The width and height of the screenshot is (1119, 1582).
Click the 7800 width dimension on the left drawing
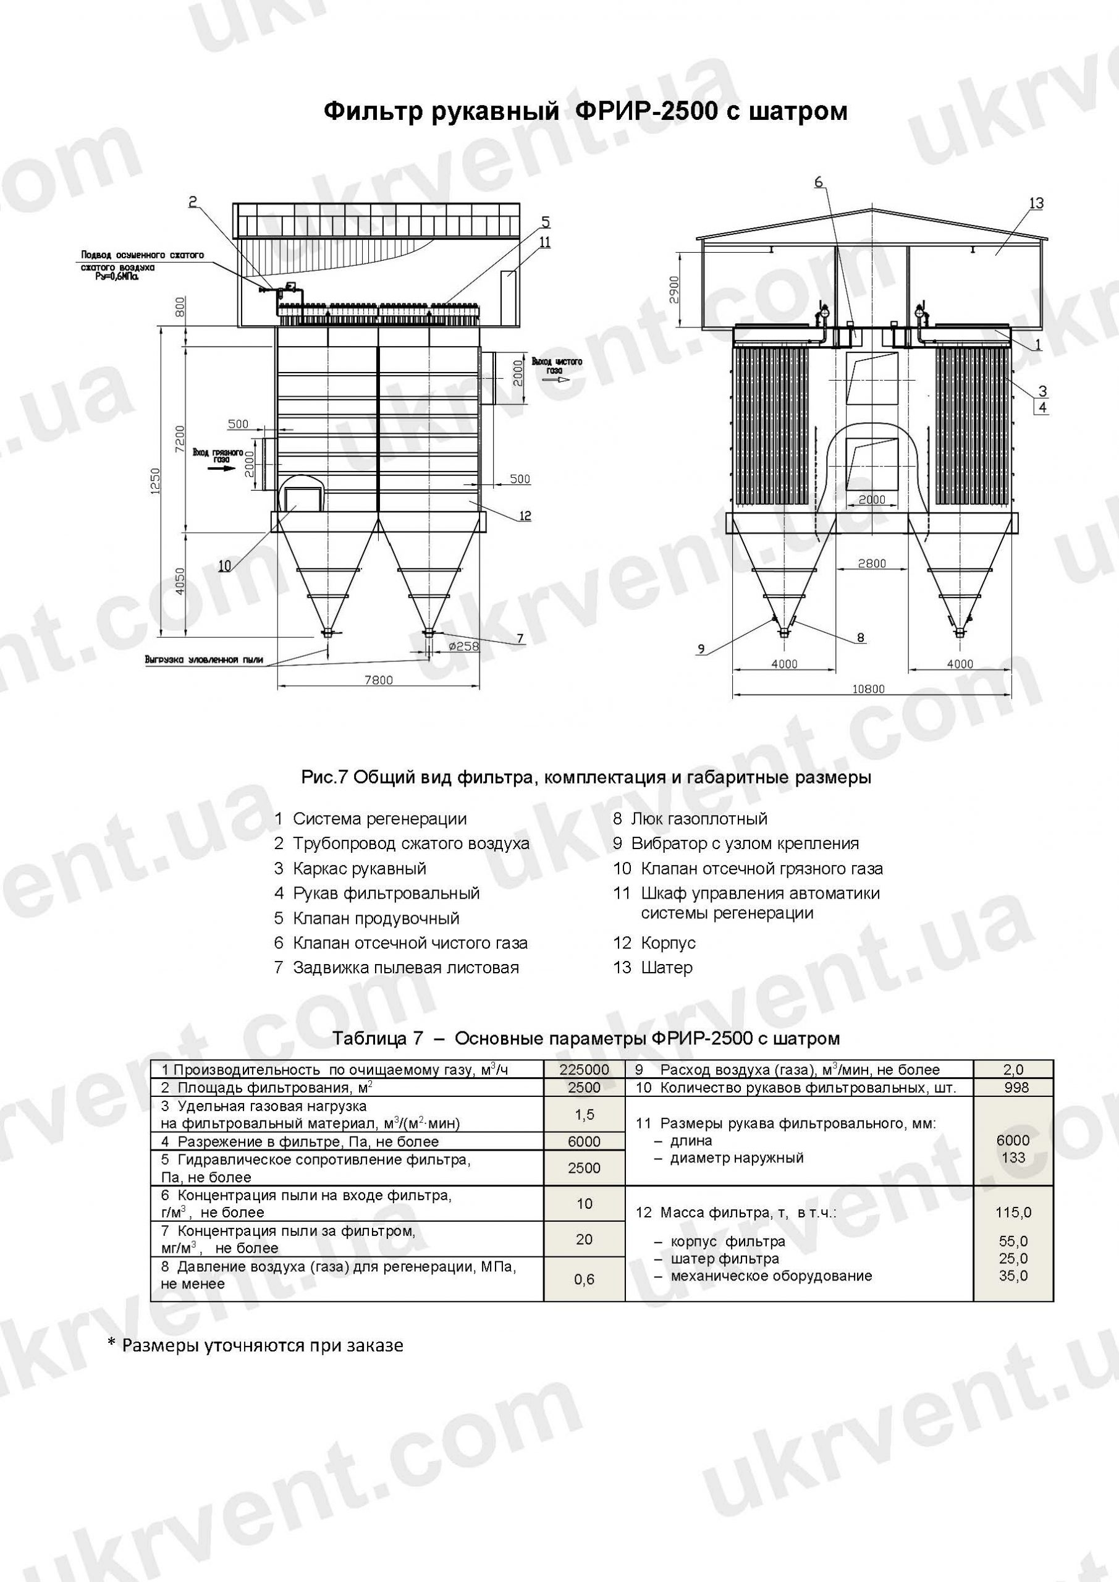tap(378, 680)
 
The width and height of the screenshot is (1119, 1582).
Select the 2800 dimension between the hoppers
tap(872, 563)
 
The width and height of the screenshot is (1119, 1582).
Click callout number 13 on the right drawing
tap(1036, 203)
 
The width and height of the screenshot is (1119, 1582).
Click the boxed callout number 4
tap(1042, 407)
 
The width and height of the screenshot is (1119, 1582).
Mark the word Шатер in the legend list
tap(666, 967)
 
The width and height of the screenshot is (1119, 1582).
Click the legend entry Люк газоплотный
tap(699, 819)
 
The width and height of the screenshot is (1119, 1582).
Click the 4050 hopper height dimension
tap(179, 582)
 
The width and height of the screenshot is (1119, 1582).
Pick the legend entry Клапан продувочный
tap(376, 918)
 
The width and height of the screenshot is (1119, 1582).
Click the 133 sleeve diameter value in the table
tap(1013, 1157)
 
